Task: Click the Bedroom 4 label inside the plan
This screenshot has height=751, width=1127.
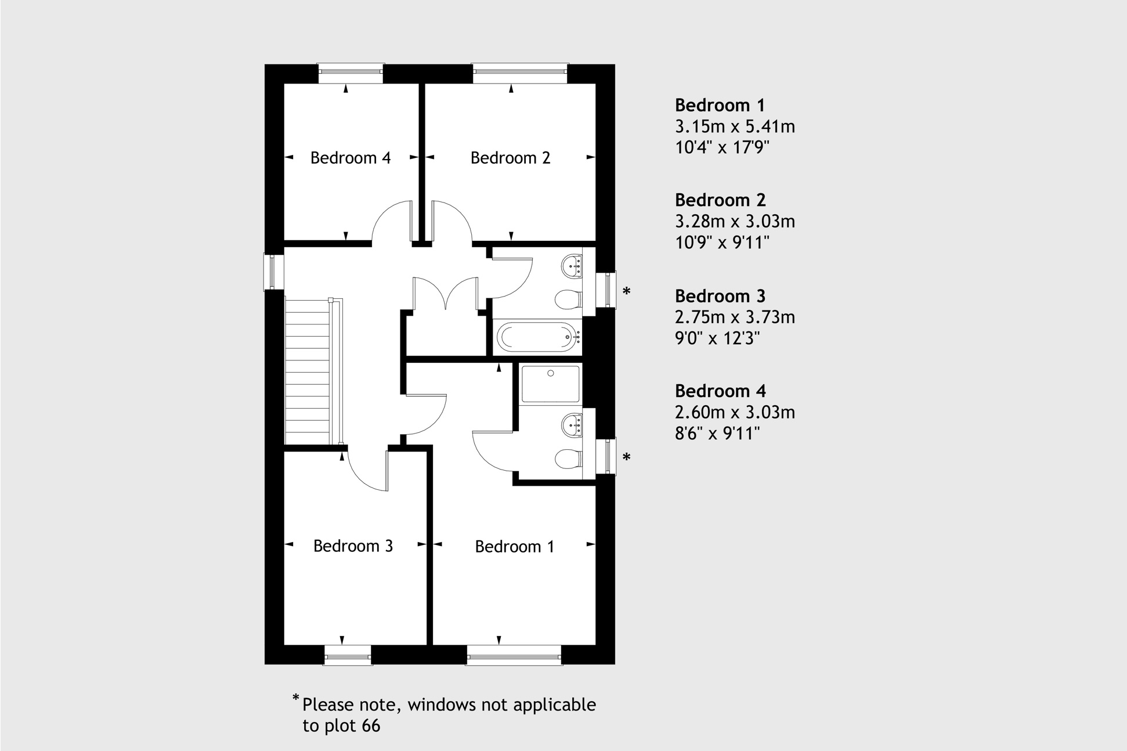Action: coord(350,158)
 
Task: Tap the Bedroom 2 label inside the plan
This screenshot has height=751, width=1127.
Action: coord(510,158)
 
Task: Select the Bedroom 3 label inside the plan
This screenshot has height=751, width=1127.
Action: coord(353,546)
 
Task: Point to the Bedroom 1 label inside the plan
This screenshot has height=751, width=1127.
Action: coord(514,547)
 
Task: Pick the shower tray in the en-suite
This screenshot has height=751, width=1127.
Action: coord(550,384)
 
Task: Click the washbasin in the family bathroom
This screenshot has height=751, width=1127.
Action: coord(572,266)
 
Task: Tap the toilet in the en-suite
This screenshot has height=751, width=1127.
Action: coord(568,459)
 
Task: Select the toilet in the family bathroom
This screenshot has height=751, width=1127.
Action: coord(568,300)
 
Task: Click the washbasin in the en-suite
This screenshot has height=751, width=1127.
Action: coord(572,425)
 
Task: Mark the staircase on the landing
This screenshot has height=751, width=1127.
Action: coord(308,371)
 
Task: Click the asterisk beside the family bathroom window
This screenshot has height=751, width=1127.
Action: coord(626,291)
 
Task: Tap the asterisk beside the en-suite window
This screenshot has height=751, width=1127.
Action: coord(626,458)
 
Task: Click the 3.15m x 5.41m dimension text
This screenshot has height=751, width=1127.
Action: coord(735,127)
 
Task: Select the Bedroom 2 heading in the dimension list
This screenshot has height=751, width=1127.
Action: coord(720,200)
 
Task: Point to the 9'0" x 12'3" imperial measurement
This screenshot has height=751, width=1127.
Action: coord(717,338)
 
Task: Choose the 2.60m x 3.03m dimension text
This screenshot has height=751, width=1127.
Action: coord(735,413)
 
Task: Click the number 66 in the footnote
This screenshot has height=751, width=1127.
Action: coord(371,726)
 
